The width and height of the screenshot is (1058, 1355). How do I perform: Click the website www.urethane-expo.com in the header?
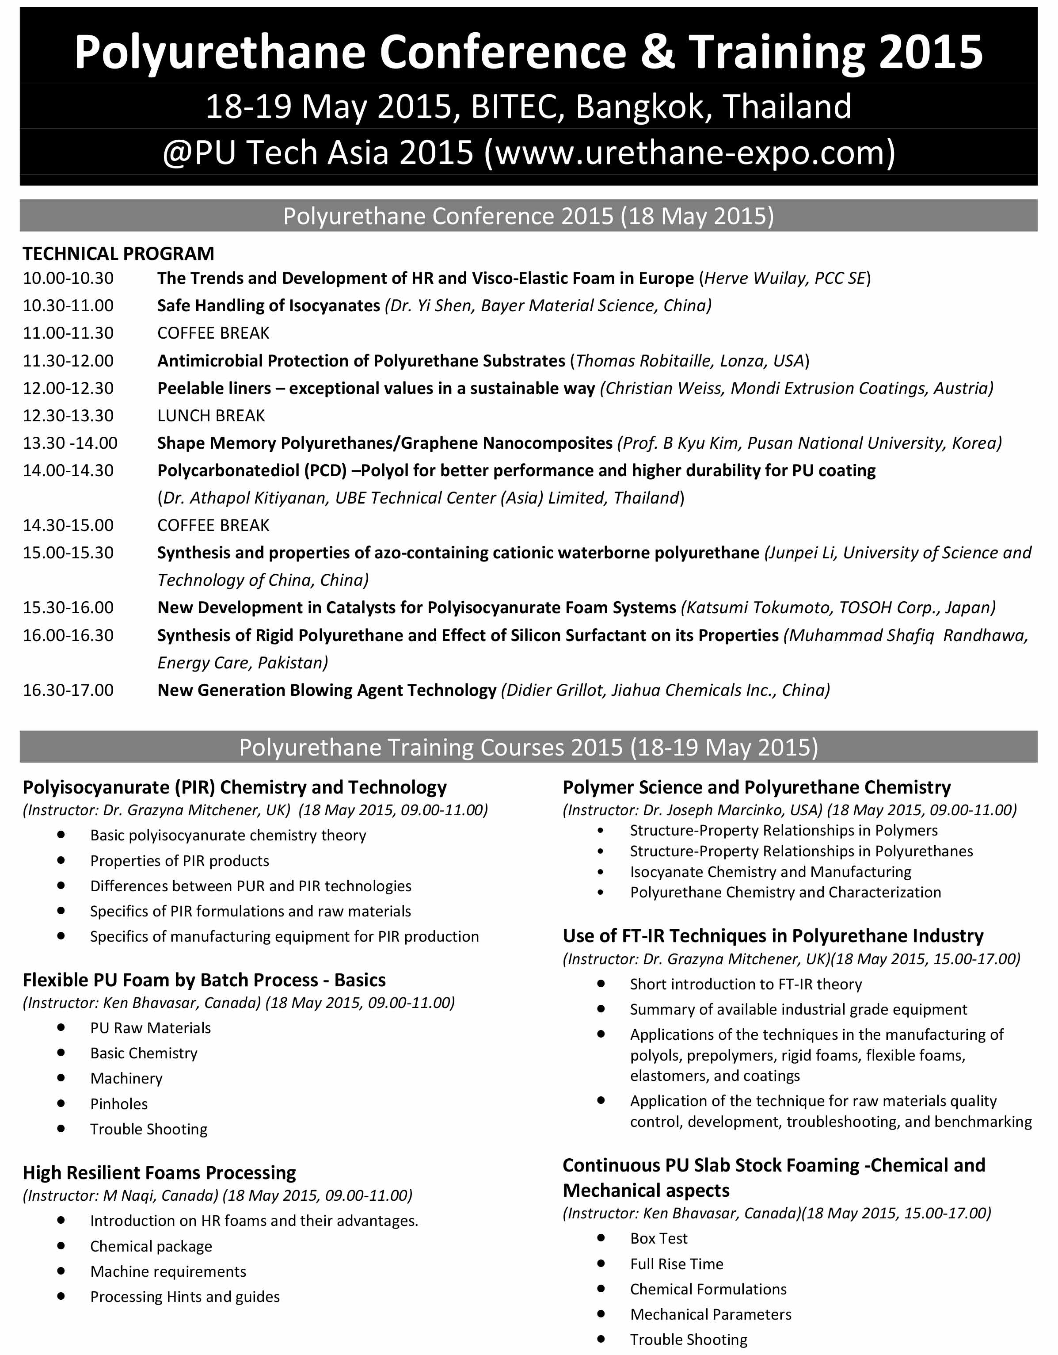coord(689,153)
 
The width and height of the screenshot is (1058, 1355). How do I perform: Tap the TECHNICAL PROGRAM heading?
coord(118,253)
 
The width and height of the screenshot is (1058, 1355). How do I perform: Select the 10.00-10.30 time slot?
coord(68,278)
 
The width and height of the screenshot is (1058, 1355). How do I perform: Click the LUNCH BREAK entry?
coord(211,416)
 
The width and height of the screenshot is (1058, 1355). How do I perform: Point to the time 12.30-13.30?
coord(68,416)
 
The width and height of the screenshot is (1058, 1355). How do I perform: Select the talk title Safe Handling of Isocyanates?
coord(269,305)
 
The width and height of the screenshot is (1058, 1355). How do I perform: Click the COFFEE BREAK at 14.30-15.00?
coord(213,526)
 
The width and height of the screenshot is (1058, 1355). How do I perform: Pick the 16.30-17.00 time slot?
coord(68,690)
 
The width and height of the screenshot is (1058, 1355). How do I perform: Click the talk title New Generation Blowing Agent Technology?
coord(327,690)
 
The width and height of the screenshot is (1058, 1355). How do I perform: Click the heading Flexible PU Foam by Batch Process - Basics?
coord(204,980)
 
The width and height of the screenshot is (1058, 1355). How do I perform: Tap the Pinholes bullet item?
coord(119,1104)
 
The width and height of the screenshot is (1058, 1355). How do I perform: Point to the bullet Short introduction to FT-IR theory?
coord(746,984)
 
